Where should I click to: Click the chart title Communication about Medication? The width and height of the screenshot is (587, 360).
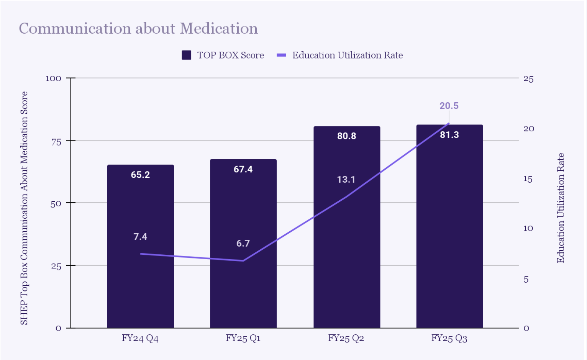coord(138,29)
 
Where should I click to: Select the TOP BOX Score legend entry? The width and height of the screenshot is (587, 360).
coord(223,55)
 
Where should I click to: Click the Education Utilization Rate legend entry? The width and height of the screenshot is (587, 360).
coord(340,55)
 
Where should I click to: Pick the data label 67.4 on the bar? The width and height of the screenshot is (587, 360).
coord(243,169)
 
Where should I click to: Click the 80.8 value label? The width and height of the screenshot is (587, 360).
coord(346,136)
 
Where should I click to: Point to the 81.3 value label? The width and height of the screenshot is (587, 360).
coord(449,135)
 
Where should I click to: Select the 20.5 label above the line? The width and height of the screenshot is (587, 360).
coord(449,106)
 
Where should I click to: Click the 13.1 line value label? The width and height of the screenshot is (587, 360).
coord(346,180)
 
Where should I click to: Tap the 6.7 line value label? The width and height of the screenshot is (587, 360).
coord(243,243)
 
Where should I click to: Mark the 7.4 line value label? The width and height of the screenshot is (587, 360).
coord(140,237)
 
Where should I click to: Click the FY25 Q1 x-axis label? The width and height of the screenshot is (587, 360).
coord(243,338)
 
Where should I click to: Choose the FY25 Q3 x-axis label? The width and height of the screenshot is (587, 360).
coord(449,338)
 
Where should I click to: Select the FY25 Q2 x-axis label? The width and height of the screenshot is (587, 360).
coord(346,338)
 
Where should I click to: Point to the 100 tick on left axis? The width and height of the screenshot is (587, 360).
coord(53,79)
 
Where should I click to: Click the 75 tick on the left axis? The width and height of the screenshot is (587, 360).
coord(56,142)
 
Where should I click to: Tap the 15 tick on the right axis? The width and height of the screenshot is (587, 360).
coord(528,179)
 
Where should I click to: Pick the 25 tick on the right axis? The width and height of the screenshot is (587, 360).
coord(528,79)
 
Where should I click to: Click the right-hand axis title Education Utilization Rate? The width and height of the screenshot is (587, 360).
coord(561,208)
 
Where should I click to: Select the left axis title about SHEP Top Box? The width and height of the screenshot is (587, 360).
coord(24,208)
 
